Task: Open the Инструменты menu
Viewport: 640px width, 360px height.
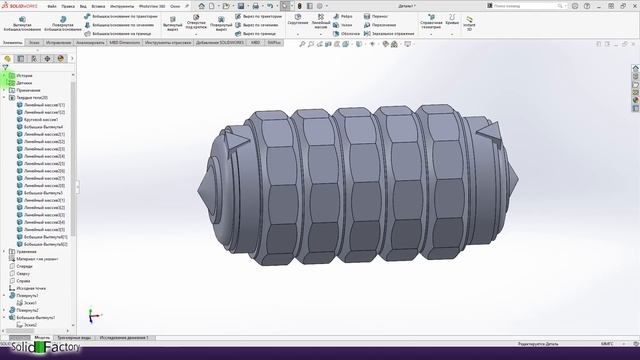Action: click(122, 6)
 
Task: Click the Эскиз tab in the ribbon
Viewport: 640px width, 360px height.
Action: click(34, 43)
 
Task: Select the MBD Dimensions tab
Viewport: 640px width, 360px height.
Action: click(126, 43)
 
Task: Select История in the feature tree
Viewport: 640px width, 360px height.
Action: click(24, 75)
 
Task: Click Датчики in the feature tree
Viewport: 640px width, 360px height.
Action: click(24, 83)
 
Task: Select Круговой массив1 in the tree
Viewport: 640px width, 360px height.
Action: click(43, 120)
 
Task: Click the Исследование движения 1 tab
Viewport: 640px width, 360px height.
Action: click(124, 338)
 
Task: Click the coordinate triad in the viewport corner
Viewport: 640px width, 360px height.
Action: click(92, 315)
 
